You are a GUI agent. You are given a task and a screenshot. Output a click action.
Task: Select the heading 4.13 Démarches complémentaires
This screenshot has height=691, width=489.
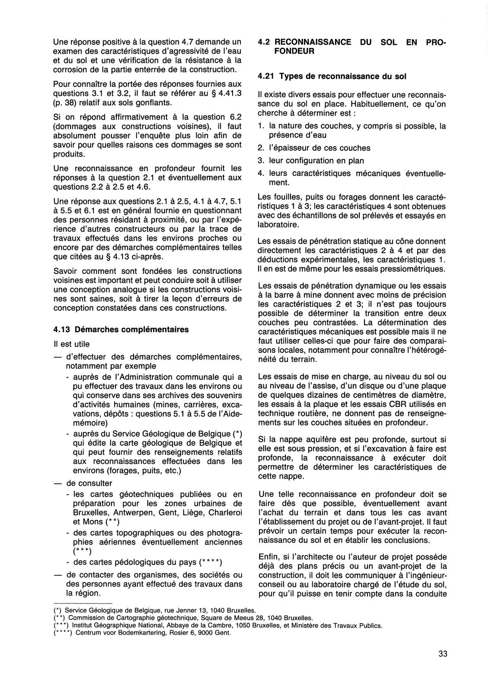[x=121, y=330]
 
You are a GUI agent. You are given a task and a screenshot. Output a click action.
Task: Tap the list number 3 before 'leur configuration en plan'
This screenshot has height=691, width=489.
[x=260, y=160]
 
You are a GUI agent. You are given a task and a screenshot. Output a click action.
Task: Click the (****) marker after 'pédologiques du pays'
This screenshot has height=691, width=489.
[x=211, y=562]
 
